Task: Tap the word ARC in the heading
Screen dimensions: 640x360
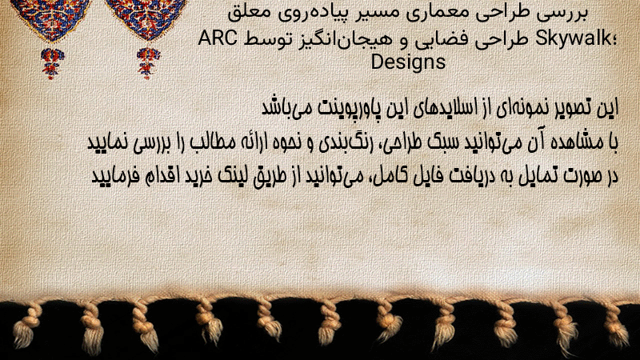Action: click(x=218, y=38)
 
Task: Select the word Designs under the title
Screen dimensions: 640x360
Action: click(x=408, y=62)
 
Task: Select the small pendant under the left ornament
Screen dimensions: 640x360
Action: click(x=52, y=63)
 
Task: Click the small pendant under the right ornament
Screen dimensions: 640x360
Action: click(x=148, y=63)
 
